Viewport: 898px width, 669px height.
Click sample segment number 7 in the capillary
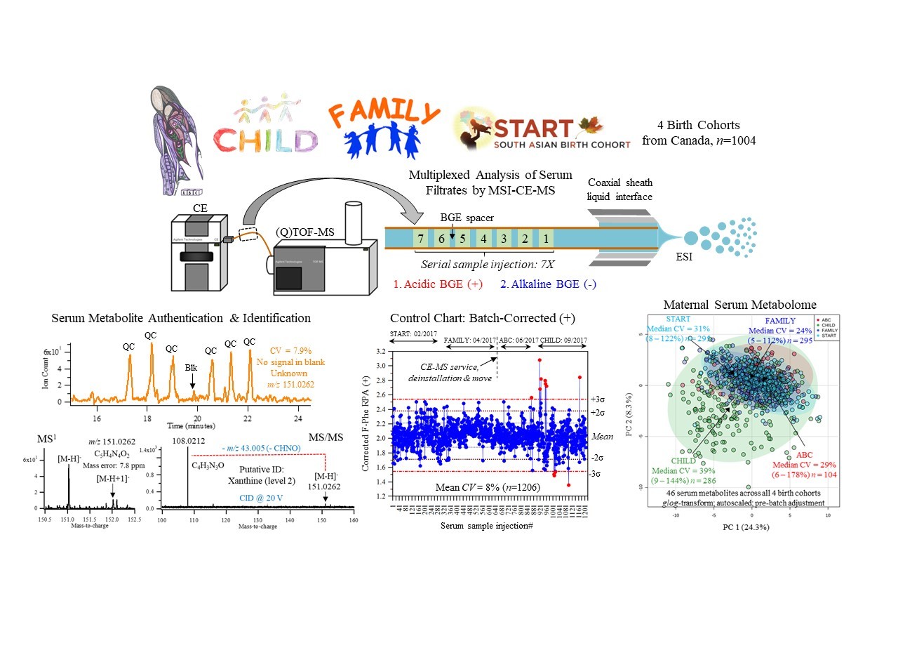421,239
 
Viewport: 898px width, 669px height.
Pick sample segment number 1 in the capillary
546,239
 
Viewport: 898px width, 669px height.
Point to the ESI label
683,257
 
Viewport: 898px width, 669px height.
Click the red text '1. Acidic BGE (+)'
438,284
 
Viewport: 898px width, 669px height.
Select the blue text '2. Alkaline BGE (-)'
548,284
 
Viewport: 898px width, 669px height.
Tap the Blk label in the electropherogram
191,367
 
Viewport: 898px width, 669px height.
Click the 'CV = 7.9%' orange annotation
290,350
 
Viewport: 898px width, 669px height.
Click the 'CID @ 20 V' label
261,498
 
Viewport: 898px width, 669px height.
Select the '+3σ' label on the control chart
598,399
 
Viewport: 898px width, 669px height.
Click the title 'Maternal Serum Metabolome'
739,305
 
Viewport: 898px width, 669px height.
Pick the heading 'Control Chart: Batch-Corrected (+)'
482,318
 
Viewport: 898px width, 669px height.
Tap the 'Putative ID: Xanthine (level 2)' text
261,475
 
